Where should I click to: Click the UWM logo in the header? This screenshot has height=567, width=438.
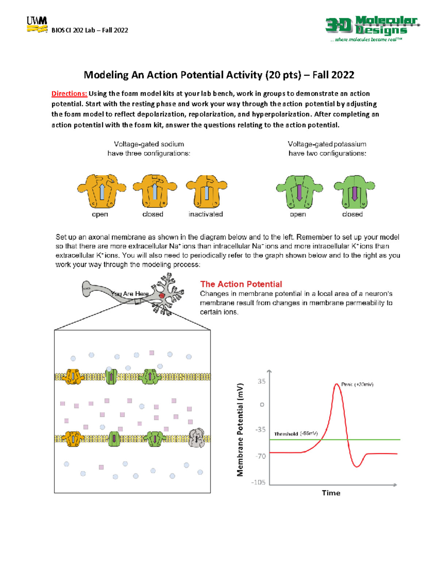pos(37,25)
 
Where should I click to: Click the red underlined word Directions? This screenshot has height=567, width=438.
pos(69,94)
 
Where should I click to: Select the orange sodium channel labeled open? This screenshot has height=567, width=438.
pos(101,191)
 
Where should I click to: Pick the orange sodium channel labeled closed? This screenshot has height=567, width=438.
pos(155,191)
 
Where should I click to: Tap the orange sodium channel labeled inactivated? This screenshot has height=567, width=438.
pos(207,191)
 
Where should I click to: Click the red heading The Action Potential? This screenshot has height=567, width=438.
pos(241,284)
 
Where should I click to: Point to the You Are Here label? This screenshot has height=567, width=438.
pos(130,294)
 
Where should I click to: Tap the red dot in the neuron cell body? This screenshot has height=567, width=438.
pos(162,295)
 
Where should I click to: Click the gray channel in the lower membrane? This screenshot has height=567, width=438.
pos(197,438)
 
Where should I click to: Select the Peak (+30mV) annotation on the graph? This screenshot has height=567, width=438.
pos(357,384)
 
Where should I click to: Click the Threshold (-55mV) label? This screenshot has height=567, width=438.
pos(296,434)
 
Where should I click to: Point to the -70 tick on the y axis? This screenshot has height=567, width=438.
pos(261,456)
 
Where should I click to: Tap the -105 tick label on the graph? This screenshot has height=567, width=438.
pos(258,482)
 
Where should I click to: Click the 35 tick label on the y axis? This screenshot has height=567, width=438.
pos(261,382)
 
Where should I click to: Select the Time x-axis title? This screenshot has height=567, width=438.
pos(331,493)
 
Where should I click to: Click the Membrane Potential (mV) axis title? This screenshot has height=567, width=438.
pos(240,430)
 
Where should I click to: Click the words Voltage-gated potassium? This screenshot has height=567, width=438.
pos(327,144)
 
